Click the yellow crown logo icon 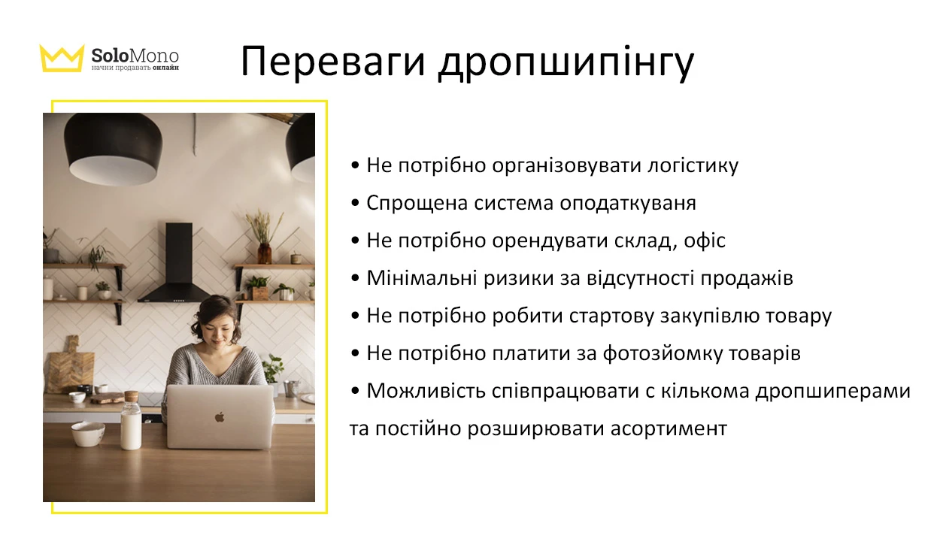coord(62,58)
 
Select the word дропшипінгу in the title coord(566,64)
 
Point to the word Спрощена coord(417,203)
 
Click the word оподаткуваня coord(628,203)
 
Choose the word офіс coord(705,241)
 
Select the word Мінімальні coord(421,278)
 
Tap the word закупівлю coord(710,316)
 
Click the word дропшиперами coord(833,391)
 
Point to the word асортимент coord(669,428)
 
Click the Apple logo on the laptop coord(220,417)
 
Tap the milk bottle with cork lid coord(131,420)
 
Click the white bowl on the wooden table coord(88,434)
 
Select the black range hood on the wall coord(177,262)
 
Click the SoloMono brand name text coord(135,55)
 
